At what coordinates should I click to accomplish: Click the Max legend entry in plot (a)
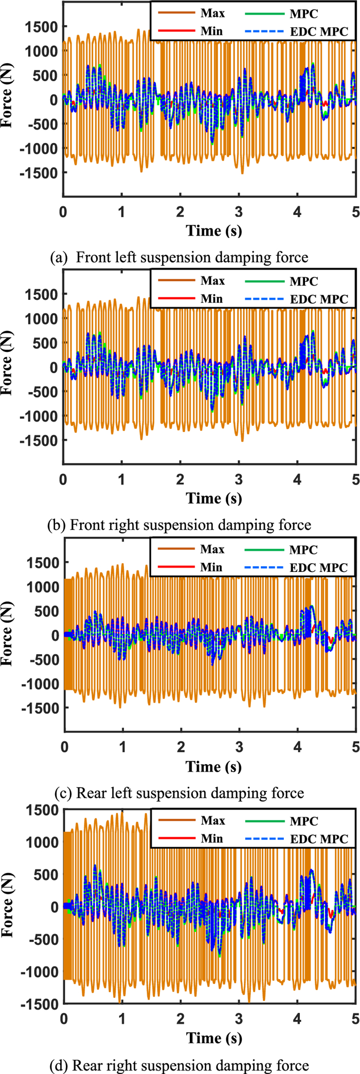(x=212, y=13)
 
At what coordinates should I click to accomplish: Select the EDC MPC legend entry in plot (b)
(x=319, y=299)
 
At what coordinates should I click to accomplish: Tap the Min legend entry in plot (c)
(x=211, y=567)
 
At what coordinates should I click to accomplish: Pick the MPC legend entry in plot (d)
(x=304, y=821)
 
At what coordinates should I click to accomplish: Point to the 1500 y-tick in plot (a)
(x=42, y=27)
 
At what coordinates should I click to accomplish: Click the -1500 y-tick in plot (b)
(x=39, y=440)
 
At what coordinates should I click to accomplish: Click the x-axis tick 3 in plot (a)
(x=239, y=212)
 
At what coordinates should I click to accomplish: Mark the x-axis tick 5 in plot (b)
(x=355, y=480)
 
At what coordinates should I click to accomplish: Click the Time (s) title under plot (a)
(x=213, y=230)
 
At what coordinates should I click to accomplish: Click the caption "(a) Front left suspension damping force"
(x=179, y=257)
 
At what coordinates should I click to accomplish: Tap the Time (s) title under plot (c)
(x=213, y=767)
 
